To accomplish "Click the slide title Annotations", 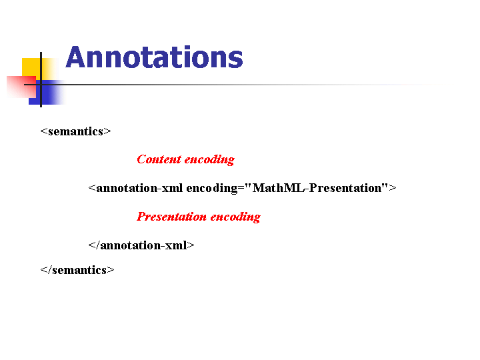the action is click(x=154, y=57).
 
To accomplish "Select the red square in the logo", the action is click(x=21, y=87).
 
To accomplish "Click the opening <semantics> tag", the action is click(x=75, y=131).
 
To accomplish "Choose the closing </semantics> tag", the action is click(x=77, y=270).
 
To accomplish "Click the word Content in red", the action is click(x=159, y=159).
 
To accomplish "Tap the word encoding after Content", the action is click(x=209, y=160).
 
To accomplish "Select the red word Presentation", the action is click(x=172, y=217).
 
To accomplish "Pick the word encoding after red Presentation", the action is click(x=235, y=217).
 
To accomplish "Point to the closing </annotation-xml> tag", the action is click(x=141, y=245).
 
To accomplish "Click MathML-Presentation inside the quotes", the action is click(x=317, y=188).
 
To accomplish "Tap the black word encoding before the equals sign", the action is click(x=212, y=189).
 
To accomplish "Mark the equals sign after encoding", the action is click(x=241, y=188).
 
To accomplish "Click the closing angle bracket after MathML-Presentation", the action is click(x=393, y=188).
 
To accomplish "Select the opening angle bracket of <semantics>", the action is click(x=44, y=131).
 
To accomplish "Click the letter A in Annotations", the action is click(x=75, y=57).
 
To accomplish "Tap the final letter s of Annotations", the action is click(x=236, y=59).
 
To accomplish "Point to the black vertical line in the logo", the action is click(x=41, y=79).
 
